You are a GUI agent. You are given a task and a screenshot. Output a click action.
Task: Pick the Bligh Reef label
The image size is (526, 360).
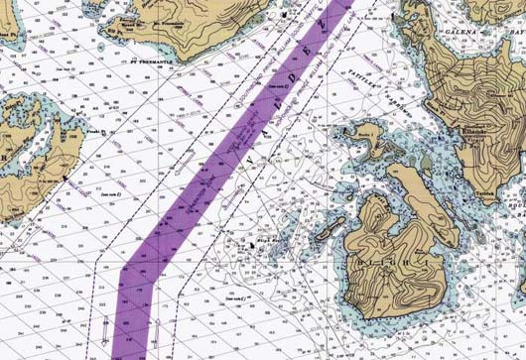click(x=267, y=240)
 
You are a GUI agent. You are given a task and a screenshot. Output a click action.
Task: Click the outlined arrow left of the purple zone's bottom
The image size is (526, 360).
click(x=105, y=328)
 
